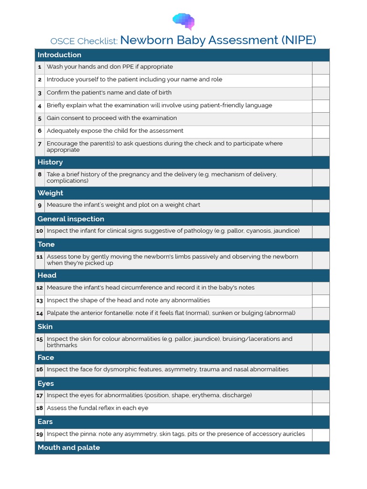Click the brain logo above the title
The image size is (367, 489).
click(183, 21)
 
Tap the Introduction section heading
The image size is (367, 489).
click(59, 55)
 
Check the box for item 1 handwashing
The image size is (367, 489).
click(321, 67)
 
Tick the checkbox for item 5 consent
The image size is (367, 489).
click(321, 118)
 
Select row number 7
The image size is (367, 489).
click(40, 144)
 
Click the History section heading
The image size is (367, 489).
click(50, 162)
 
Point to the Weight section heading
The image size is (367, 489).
click(50, 193)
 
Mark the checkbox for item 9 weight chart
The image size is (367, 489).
click(321, 205)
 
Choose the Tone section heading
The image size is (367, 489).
click(46, 244)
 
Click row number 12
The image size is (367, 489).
click(40, 288)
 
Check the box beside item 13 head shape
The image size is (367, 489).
click(321, 301)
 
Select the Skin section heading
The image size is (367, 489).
click(45, 327)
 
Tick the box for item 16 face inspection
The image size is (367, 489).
click(321, 370)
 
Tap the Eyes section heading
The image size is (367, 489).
click(46, 383)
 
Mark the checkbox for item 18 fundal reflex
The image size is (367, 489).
click(321, 409)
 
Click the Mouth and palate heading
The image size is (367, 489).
click(69, 447)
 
